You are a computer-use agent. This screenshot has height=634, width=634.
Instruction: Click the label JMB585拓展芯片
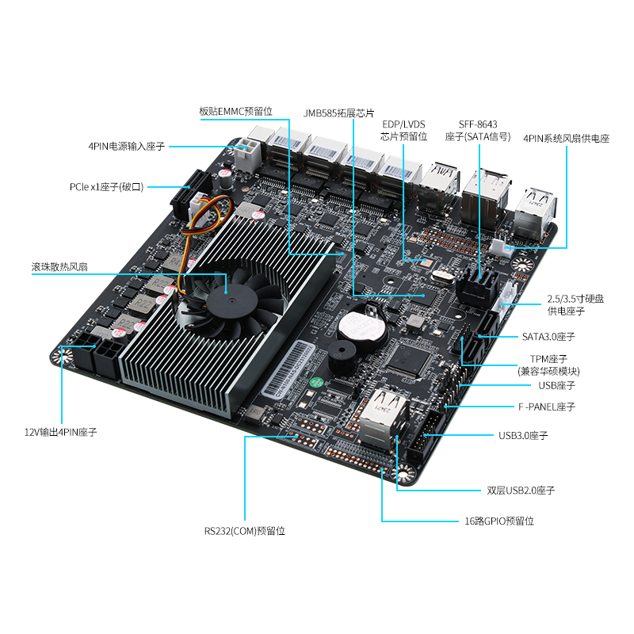(339, 113)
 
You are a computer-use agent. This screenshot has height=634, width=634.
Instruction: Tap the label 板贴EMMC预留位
(235, 112)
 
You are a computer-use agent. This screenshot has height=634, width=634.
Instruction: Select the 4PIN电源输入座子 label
(127, 147)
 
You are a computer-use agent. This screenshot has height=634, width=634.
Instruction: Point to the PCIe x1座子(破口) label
(107, 187)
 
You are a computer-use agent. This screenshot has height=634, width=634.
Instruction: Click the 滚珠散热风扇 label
(59, 267)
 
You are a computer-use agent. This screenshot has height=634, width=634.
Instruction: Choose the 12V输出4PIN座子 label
(61, 432)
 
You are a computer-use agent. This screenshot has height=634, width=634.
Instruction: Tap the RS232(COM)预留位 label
(245, 531)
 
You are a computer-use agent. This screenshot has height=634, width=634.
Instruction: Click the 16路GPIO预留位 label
(499, 521)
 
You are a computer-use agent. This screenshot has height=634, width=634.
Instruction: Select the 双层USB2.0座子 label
(521, 491)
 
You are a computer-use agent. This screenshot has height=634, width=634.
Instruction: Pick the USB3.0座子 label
(523, 435)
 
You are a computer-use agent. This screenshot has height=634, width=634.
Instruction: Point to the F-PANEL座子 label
(547, 407)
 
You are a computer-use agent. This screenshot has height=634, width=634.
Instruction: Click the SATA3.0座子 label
(548, 337)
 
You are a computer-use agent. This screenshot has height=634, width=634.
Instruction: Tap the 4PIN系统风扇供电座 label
(566, 139)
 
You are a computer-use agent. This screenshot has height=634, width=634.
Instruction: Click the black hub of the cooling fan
(231, 300)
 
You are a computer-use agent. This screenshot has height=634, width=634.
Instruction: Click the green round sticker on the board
(316, 383)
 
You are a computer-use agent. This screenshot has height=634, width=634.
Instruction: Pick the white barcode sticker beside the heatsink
(288, 369)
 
